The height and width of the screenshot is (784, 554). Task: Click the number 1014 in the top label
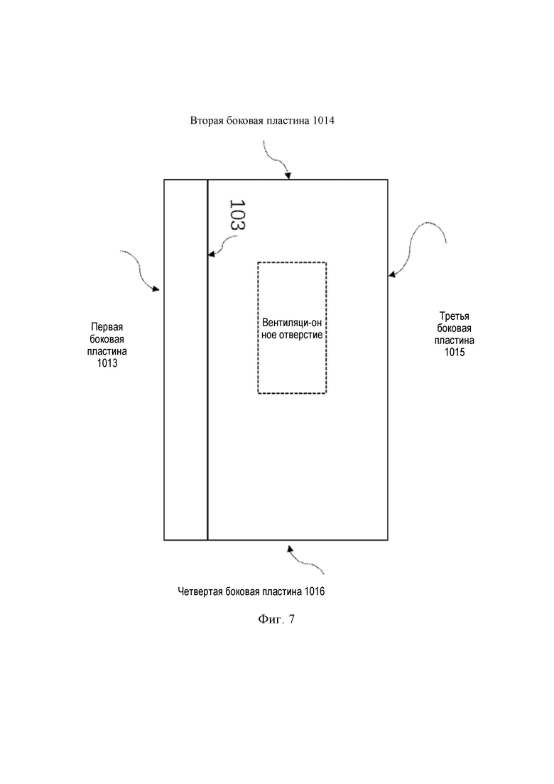click(x=324, y=121)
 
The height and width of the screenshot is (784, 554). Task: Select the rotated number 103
click(x=237, y=215)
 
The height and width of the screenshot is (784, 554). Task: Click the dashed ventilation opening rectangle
click(x=258, y=328)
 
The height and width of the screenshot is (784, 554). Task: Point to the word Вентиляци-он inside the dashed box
click(x=292, y=323)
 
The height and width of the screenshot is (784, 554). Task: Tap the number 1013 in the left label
click(x=107, y=363)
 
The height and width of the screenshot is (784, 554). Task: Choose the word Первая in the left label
click(x=107, y=327)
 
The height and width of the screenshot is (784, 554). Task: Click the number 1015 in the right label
click(x=455, y=353)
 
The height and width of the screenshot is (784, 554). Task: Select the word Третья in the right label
click(x=455, y=316)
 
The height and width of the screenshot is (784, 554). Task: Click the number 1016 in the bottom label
click(x=314, y=591)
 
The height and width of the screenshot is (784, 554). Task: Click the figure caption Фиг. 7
click(x=276, y=619)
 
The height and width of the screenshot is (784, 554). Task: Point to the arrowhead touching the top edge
click(x=288, y=176)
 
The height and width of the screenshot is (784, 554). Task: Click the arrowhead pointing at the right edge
click(x=392, y=274)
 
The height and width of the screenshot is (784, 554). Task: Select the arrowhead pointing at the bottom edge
click(x=290, y=549)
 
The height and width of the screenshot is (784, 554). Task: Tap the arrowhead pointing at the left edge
click(x=156, y=289)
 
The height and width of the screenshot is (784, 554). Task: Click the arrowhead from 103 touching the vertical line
click(x=212, y=254)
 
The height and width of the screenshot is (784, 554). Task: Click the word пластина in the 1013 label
click(x=107, y=352)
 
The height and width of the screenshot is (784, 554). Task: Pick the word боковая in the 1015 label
click(x=455, y=328)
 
